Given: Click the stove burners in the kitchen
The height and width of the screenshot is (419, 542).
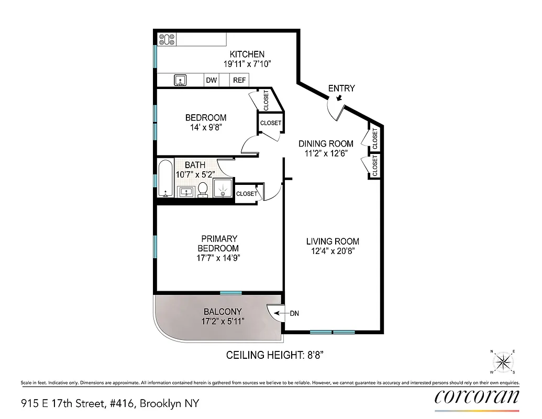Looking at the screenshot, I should (167, 39).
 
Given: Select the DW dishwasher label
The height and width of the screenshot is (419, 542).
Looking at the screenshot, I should (212, 80).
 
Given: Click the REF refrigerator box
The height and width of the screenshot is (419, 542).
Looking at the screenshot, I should (240, 80).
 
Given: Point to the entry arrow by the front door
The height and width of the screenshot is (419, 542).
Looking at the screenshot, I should (339, 98).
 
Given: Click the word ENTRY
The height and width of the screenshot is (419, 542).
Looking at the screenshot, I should (341, 88).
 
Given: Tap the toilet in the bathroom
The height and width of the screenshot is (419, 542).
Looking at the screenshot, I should (203, 190).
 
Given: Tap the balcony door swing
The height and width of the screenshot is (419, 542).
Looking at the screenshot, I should (274, 314).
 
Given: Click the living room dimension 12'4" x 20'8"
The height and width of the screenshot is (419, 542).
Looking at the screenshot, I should (333, 251).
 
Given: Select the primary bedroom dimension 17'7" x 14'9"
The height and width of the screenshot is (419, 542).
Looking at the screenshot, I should (218, 258).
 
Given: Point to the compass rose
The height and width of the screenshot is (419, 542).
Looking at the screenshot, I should (503, 361).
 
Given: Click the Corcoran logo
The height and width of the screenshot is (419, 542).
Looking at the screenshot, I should (477, 397).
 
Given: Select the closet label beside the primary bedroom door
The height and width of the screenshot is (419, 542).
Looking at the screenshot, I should (247, 193).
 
